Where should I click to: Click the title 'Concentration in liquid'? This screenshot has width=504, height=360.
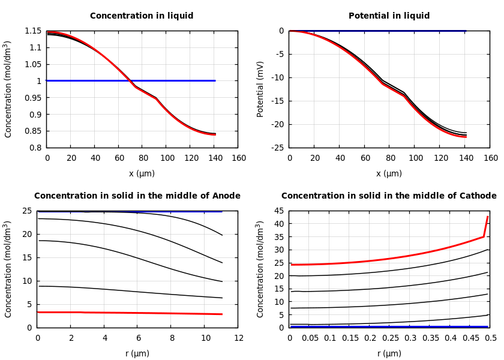click(x=142, y=16)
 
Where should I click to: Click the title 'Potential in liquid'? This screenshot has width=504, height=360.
click(x=389, y=16)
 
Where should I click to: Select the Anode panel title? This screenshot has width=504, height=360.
click(x=137, y=196)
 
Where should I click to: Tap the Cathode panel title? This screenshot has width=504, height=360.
click(x=389, y=196)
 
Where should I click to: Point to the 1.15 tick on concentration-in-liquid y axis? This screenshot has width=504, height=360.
click(x=32, y=31)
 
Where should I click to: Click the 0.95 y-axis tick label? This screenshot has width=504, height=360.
click(x=32, y=98)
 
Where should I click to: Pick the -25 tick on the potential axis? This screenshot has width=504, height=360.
click(x=277, y=148)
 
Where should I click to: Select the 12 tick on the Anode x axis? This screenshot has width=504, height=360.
click(x=238, y=338)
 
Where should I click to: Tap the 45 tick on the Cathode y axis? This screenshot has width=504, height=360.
click(x=278, y=211)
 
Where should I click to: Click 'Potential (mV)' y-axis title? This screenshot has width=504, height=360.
click(x=260, y=89)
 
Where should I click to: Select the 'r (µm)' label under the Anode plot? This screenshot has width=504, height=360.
click(x=137, y=353)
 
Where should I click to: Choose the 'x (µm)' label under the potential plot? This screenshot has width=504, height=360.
click(x=389, y=173)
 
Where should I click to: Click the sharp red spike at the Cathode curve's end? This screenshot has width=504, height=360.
click(x=487, y=218)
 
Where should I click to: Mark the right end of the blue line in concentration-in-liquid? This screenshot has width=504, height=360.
click(x=215, y=80)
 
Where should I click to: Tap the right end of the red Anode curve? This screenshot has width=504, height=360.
click(x=222, y=314)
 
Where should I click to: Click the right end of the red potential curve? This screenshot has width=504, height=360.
click(x=466, y=137)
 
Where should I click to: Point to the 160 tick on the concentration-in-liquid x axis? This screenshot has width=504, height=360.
click(x=238, y=158)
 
